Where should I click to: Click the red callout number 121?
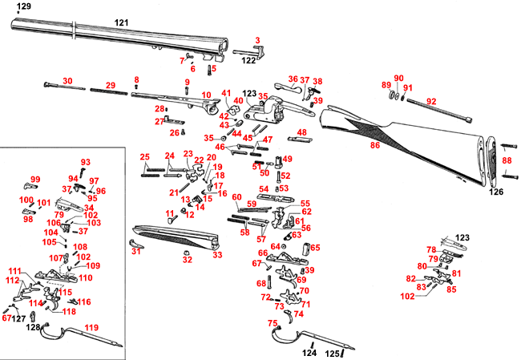(121, 22)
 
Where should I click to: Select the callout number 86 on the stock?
(374, 146)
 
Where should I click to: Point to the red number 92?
(431, 101)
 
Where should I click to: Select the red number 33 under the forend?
(216, 255)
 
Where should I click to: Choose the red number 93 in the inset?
(86, 162)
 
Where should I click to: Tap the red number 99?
(35, 179)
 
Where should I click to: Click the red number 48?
(302, 133)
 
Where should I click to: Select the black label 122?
(248, 60)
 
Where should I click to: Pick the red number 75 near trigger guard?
(273, 322)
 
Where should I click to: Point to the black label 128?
(33, 327)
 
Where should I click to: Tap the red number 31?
(136, 252)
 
